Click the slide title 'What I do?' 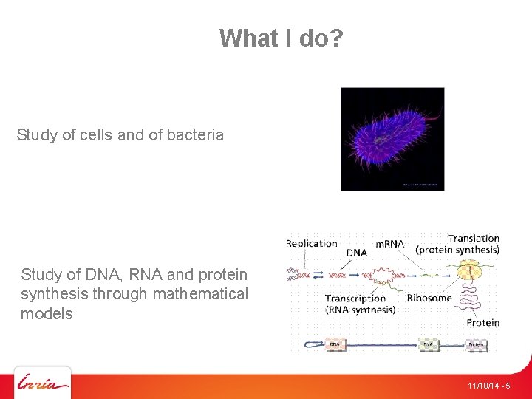coord(281,38)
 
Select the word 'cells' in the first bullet coord(95,135)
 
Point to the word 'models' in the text coord(47,314)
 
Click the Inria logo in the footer coord(43,383)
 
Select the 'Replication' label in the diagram coord(311,244)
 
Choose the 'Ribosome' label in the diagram coord(429,299)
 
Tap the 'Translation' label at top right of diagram coord(473,239)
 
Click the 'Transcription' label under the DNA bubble coord(355,299)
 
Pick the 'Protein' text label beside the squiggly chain coord(482,322)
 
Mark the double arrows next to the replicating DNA coord(318,274)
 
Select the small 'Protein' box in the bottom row coord(476,344)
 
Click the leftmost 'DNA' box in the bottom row coord(335,344)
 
